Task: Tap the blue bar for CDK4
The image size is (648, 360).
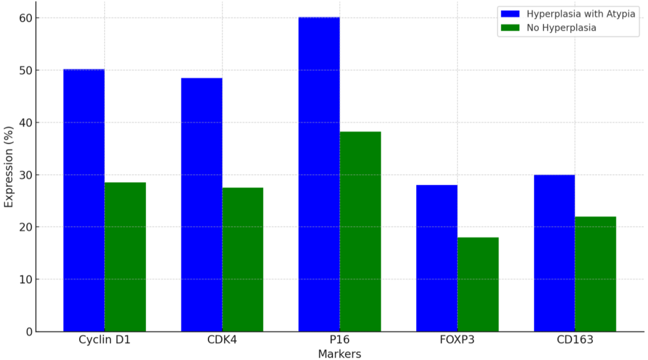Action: pyautogui.click(x=201, y=205)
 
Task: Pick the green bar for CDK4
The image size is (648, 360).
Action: pyautogui.click(x=243, y=259)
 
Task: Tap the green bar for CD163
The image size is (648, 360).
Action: pyautogui.click(x=595, y=274)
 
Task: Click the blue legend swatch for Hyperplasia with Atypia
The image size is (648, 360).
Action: pyautogui.click(x=510, y=14)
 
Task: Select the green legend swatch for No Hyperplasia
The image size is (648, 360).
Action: pyautogui.click(x=510, y=28)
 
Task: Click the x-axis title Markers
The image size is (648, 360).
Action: pyautogui.click(x=339, y=354)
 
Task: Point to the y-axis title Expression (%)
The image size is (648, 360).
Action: pyautogui.click(x=8, y=167)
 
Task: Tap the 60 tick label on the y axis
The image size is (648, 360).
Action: pyautogui.click(x=26, y=18)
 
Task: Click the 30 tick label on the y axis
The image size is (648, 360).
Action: pyautogui.click(x=26, y=175)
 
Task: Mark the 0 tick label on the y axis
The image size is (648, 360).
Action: pyautogui.click(x=29, y=332)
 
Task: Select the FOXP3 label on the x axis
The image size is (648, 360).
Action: pyautogui.click(x=457, y=340)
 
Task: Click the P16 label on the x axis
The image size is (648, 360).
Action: pyautogui.click(x=339, y=340)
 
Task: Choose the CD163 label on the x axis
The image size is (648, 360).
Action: pyautogui.click(x=575, y=340)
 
